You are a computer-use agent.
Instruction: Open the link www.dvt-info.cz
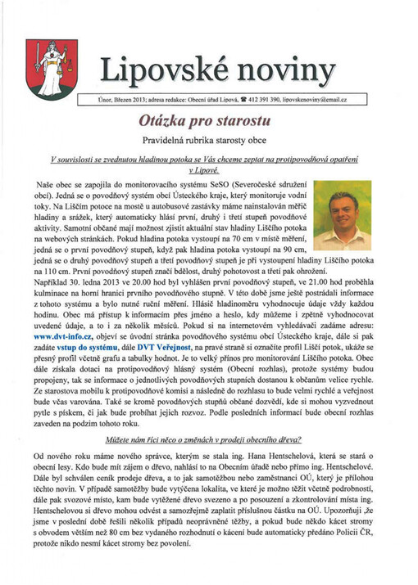click(60, 335)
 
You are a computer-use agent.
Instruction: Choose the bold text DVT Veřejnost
click(170, 347)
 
